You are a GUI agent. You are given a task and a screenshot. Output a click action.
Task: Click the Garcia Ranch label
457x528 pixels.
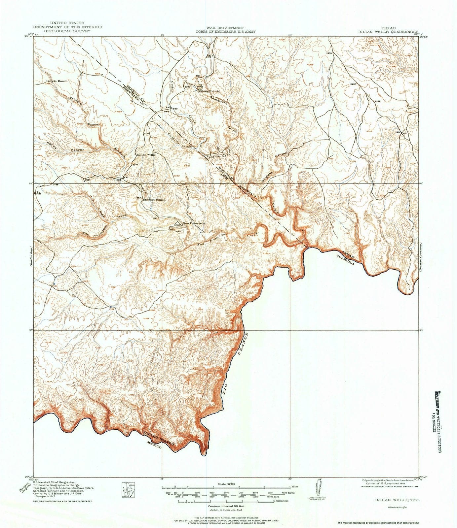(57, 81)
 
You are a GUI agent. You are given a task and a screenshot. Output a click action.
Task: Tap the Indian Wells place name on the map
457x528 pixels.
(146, 154)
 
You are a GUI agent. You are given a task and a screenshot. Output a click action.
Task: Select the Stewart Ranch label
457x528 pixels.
(154, 200)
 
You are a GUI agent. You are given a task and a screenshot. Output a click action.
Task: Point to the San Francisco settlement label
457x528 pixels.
(195, 223)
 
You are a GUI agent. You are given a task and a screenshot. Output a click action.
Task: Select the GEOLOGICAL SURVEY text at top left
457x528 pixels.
(67, 30)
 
